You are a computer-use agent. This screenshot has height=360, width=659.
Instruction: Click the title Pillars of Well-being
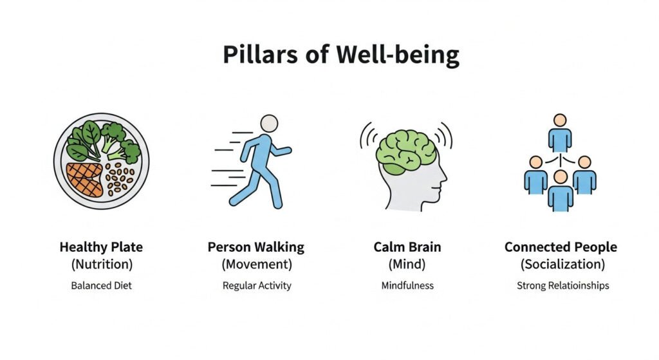point(341,55)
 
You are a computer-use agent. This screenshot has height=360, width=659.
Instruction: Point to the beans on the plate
point(119,179)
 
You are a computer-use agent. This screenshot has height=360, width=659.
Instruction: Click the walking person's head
point(269,124)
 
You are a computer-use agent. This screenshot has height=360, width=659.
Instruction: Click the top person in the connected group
point(560,133)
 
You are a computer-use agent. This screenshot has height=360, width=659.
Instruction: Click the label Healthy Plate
point(101,247)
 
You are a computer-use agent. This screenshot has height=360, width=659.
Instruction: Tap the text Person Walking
point(256,247)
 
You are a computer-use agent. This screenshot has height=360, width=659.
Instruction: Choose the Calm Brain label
point(407,247)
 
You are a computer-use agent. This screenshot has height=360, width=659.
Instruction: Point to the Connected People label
point(561,247)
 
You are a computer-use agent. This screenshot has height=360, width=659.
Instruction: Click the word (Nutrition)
point(102,265)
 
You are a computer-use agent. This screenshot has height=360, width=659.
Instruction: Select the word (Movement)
point(257,265)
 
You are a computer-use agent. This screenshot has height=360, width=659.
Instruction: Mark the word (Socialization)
point(562,265)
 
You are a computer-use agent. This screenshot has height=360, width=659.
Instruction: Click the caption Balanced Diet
point(101,285)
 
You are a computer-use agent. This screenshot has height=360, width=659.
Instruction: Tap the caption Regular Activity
point(257,285)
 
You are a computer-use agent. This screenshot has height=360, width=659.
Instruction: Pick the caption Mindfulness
point(407,285)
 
